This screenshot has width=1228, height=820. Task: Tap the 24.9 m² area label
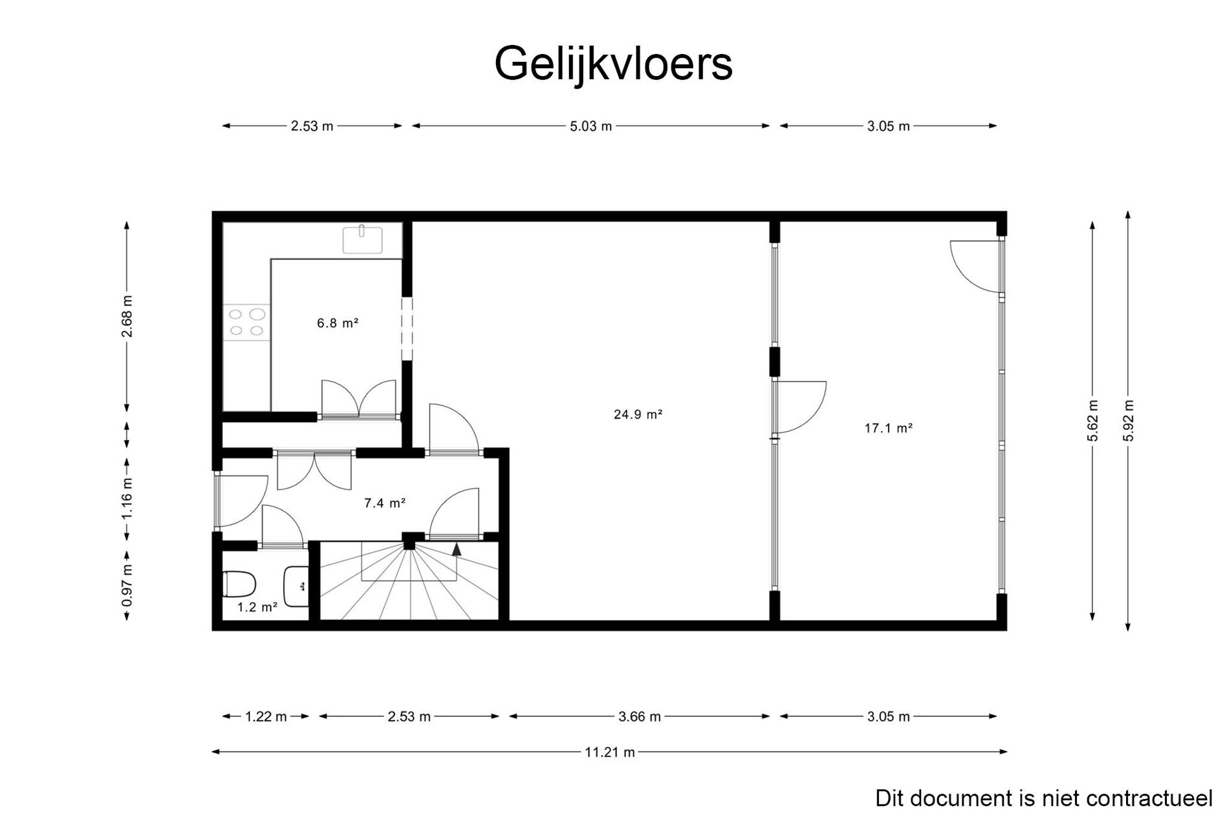click(x=637, y=414)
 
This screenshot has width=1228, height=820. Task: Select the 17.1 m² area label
click(x=888, y=428)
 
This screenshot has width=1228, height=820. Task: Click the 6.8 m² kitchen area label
click(x=338, y=323)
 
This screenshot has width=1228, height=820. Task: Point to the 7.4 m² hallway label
click(x=385, y=503)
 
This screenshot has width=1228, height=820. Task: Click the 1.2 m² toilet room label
click(x=257, y=607)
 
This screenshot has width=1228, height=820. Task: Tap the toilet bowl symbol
click(x=239, y=584)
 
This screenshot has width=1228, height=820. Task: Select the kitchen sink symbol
click(x=362, y=239)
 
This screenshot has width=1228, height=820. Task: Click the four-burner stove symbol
click(x=247, y=322)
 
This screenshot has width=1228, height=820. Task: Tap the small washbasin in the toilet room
click(x=296, y=586)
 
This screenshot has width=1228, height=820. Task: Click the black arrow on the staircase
click(x=457, y=548)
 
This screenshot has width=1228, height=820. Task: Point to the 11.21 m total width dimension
click(x=610, y=752)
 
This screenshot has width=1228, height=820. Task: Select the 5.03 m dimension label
click(x=591, y=126)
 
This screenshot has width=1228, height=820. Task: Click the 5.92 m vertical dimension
click(x=1128, y=420)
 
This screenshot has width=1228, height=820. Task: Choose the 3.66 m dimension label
click(x=639, y=716)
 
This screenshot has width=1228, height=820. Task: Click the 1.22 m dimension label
click(x=266, y=716)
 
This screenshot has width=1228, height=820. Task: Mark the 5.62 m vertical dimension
click(x=1093, y=420)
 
